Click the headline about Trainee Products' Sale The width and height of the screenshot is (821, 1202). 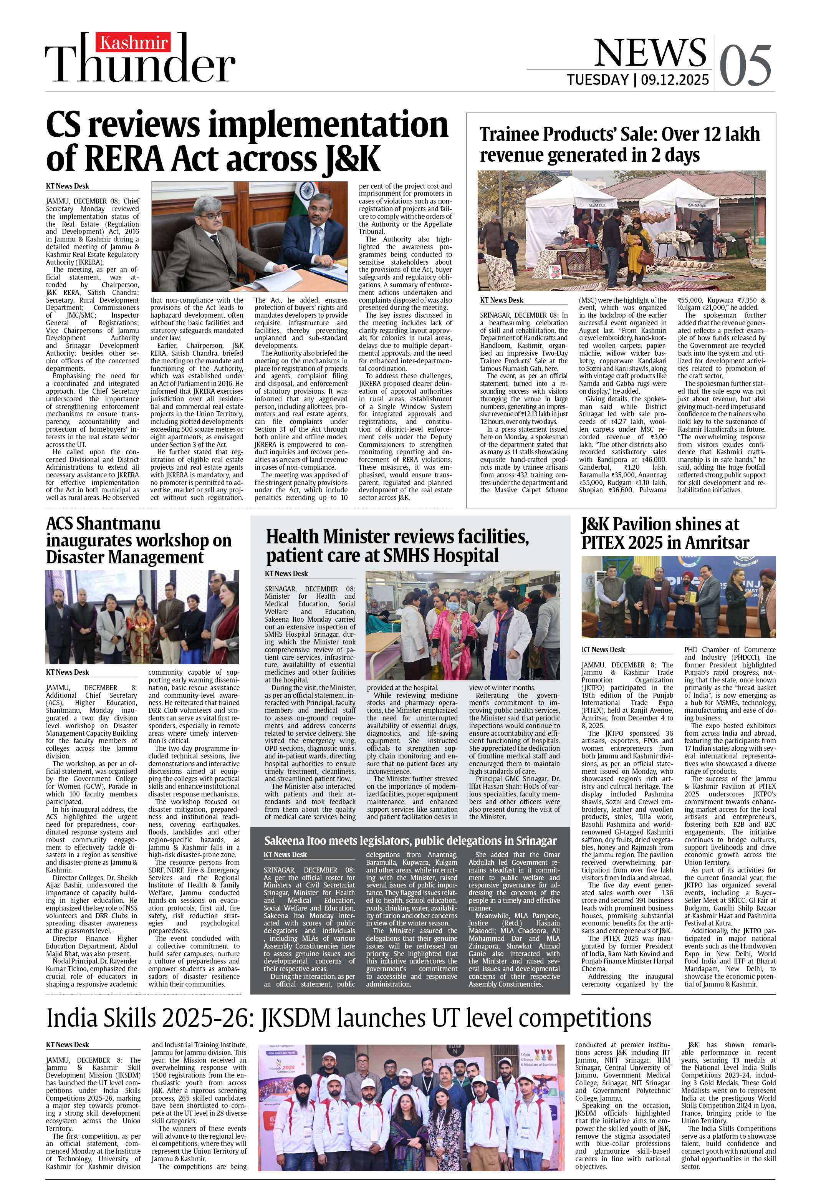pos(619,144)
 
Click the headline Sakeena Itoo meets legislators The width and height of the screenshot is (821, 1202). pos(410,841)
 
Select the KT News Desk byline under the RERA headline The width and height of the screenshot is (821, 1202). pos(67,186)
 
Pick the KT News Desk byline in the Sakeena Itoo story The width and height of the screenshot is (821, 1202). pos(285,854)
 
